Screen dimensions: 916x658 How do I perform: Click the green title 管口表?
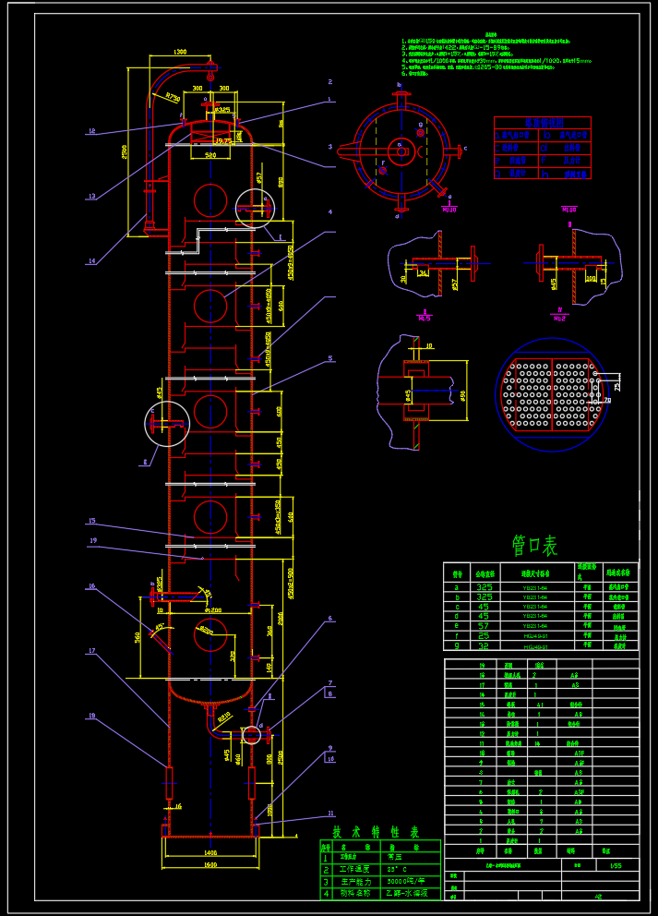534,546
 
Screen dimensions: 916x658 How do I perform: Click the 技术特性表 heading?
364,831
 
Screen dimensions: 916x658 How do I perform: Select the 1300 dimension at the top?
179,53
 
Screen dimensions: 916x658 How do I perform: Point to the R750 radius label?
173,96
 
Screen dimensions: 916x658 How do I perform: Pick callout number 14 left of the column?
91,261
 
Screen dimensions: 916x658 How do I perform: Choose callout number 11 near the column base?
329,814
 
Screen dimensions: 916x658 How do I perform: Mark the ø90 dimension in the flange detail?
462,396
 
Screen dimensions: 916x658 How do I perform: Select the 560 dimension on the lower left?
138,636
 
